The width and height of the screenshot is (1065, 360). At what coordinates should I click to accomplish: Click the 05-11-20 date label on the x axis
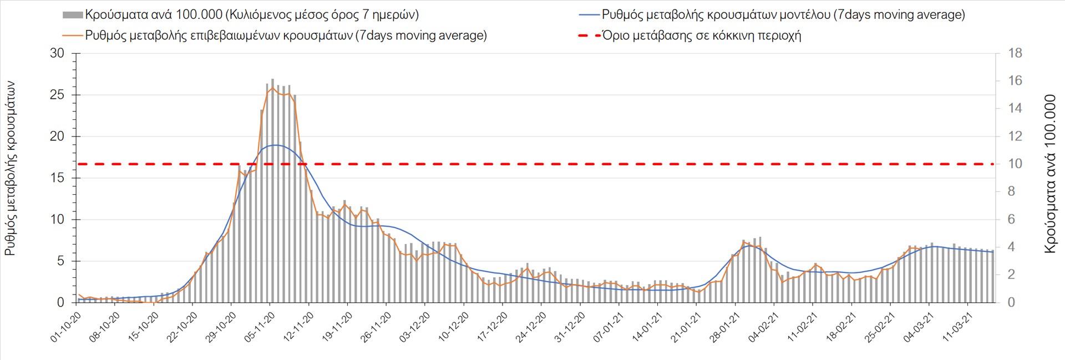260,327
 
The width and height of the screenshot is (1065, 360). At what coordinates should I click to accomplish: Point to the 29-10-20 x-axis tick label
221,327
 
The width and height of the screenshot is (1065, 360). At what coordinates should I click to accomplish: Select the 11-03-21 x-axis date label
957,327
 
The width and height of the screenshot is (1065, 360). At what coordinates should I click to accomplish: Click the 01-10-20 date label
66,327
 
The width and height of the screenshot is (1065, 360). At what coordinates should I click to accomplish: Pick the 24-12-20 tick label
531,327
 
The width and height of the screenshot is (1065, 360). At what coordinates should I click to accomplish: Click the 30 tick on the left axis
57,54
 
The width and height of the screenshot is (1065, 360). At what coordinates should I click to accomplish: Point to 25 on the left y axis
57,95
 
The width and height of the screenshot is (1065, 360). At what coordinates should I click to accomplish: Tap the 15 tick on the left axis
57,178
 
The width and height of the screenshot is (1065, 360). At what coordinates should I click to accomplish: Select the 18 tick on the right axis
1015,54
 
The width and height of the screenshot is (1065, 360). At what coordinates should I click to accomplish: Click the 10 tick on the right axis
1015,164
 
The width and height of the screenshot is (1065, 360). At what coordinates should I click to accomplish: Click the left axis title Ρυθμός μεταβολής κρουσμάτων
10,169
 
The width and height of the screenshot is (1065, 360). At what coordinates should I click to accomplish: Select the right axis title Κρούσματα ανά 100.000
1050,174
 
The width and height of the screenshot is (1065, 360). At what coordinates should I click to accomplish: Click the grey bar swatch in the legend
73,15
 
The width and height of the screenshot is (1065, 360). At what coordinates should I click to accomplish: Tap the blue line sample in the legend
589,15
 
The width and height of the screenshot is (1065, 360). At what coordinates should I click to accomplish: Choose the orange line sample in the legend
73,36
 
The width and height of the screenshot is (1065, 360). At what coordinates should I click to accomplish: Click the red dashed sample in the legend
589,36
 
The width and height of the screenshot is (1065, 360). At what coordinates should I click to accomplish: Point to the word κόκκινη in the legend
727,36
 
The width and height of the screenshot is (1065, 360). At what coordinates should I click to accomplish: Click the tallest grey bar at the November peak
272,191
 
